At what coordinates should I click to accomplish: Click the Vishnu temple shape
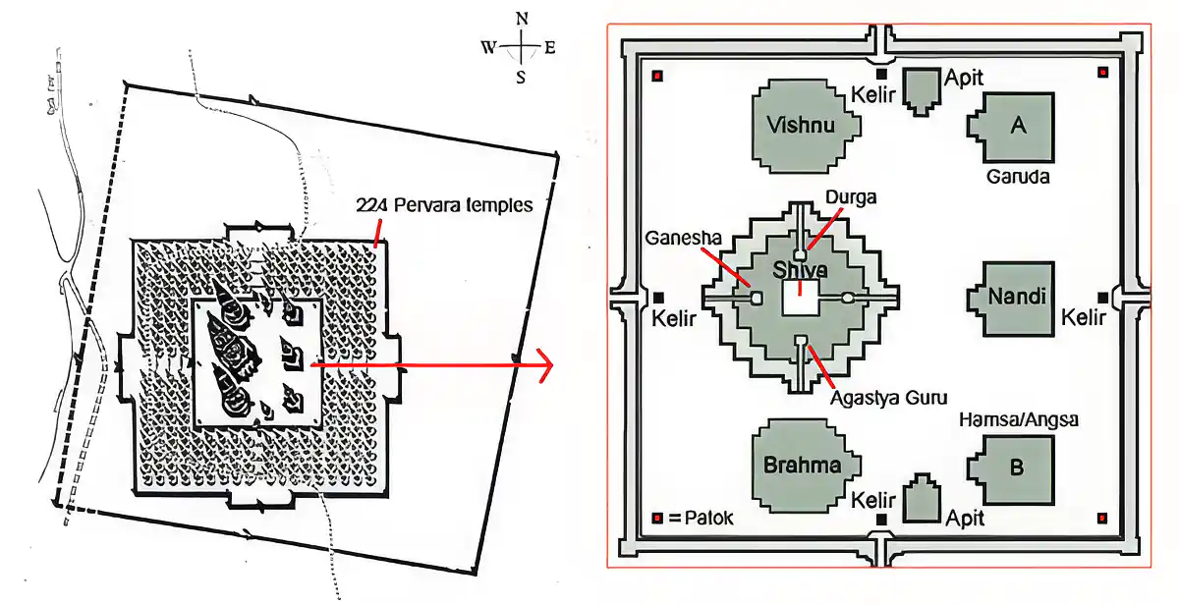click(806, 127)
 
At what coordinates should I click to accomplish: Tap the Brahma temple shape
click(806, 466)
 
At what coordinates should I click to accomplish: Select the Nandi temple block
click(1012, 299)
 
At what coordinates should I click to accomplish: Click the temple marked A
click(1012, 128)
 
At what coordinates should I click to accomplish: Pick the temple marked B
click(1012, 469)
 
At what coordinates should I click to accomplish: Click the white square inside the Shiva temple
click(800, 298)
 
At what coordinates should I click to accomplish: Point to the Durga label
click(851, 197)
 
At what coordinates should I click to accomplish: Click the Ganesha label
click(683, 238)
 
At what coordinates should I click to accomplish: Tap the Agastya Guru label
click(888, 398)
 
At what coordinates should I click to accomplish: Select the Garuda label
click(1018, 176)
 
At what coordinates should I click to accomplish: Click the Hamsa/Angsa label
click(1019, 419)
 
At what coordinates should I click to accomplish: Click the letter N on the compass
click(522, 19)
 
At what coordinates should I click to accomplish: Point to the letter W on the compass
click(488, 47)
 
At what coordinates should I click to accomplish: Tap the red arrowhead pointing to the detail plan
click(546, 364)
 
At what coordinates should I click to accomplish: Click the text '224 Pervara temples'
click(444, 204)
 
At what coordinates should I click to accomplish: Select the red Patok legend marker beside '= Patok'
click(657, 519)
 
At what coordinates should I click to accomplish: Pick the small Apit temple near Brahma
click(922, 498)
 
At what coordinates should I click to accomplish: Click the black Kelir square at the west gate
click(658, 298)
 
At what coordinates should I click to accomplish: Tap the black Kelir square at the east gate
click(1102, 298)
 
